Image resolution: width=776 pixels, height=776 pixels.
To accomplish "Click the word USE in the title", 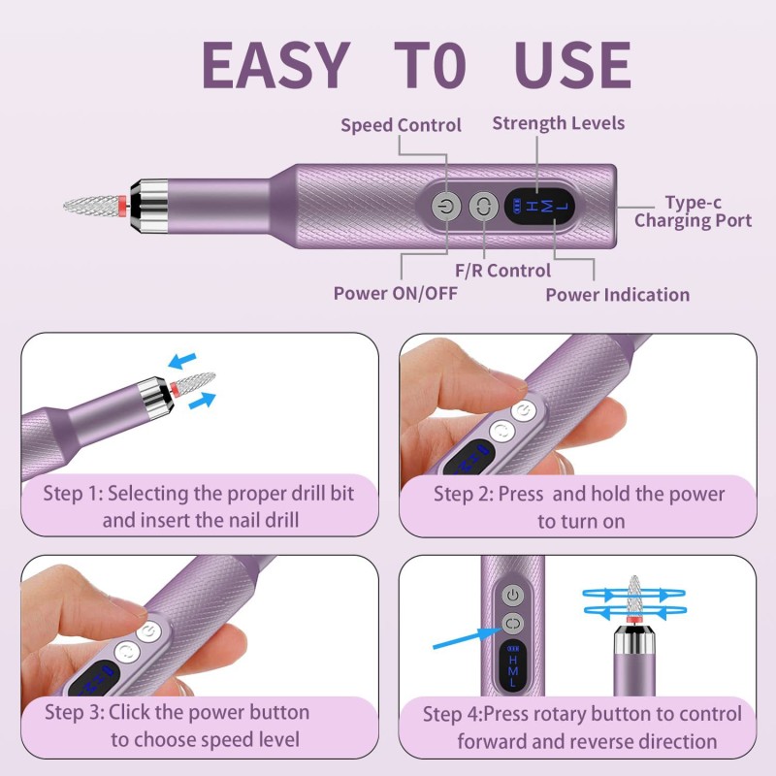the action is tap(572, 65).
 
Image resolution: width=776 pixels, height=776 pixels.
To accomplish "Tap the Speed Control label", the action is tap(401, 125).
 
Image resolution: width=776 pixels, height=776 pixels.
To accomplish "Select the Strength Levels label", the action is tap(559, 123).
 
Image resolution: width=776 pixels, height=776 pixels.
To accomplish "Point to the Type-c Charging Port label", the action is tap(693, 211).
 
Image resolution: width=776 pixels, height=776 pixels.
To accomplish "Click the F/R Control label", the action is tap(502, 271).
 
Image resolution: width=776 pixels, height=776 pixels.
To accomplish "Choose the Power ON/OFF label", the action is tap(396, 293).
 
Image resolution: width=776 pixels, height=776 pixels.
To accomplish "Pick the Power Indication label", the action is tap(618, 295).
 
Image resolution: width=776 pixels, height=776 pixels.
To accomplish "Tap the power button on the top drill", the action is tap(446, 207).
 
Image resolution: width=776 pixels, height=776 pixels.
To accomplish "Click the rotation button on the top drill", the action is tap(483, 207).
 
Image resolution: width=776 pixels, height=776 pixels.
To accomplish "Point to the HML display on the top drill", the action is tap(539, 207).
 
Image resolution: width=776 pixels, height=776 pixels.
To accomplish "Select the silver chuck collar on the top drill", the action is tap(149, 206).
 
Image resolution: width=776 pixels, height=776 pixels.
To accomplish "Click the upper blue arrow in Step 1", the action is tap(182, 360).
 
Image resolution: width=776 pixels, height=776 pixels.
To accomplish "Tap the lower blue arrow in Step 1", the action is tap(203, 400).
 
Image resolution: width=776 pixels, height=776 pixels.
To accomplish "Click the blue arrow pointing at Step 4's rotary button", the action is tap(468, 637).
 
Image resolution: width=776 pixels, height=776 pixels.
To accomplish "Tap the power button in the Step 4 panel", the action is tap(513, 595).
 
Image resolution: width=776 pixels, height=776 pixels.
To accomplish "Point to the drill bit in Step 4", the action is tap(634, 597).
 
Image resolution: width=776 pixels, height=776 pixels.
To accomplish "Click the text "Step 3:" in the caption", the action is tap(75, 713).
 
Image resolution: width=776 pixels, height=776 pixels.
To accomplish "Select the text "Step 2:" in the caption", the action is tap(464, 494).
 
